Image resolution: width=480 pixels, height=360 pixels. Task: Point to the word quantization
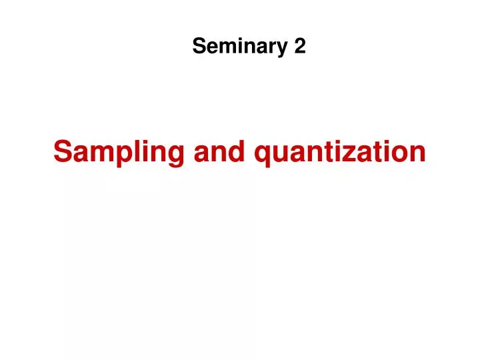[x=341, y=153]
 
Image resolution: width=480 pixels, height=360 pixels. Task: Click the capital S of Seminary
[x=199, y=46]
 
